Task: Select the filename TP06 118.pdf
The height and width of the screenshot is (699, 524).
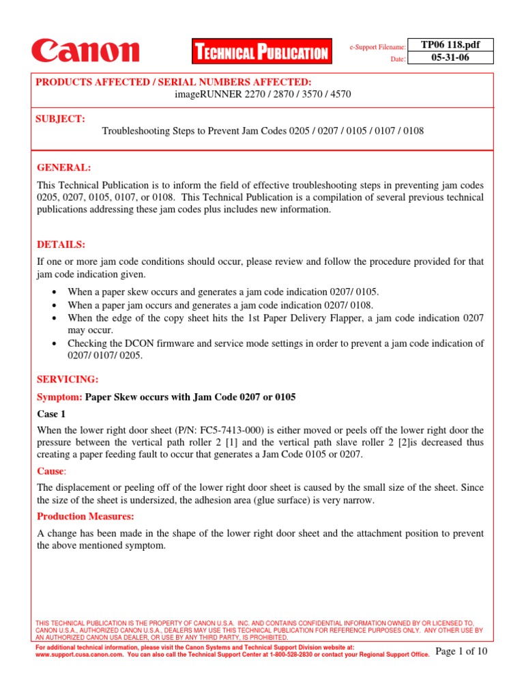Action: (450, 45)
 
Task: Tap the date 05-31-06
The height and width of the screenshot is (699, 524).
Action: (450, 58)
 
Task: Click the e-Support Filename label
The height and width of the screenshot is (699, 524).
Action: (378, 47)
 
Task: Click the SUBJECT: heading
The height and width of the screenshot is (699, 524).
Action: (61, 119)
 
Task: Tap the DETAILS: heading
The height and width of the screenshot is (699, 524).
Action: (61, 244)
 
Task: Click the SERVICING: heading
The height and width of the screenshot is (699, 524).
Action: (68, 379)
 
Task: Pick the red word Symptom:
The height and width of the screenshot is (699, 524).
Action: (59, 397)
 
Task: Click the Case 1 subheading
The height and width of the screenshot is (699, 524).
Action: (52, 414)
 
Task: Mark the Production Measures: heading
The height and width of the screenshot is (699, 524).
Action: (86, 516)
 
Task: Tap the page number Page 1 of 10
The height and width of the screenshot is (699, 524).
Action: (461, 651)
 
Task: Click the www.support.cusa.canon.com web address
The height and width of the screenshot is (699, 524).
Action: (78, 654)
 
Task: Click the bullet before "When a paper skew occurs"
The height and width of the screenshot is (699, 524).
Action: (55, 291)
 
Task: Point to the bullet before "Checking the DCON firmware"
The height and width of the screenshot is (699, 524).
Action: (55, 343)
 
